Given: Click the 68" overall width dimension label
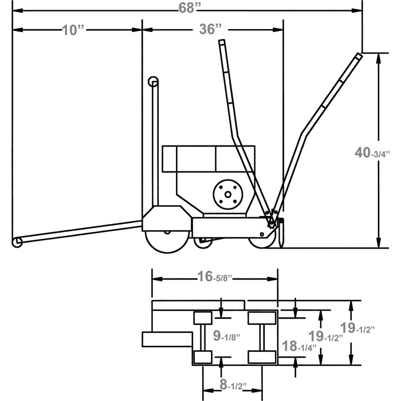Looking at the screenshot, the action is click(190, 8).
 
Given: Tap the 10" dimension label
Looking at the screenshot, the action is click(73, 30).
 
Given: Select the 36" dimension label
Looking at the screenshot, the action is click(210, 29).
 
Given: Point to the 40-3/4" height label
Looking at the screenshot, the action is click(372, 153).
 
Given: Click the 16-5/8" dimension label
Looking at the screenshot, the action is click(215, 277).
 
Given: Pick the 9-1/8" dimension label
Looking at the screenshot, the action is click(227, 336).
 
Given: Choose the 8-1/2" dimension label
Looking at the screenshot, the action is click(233, 384).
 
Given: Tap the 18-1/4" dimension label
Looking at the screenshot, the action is click(299, 346).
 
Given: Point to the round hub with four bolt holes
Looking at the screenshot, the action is click(228, 195).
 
